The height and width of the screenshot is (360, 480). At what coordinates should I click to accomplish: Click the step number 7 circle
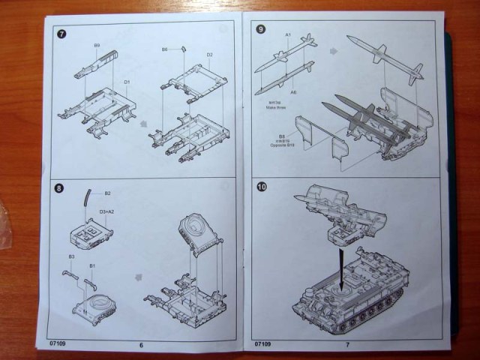[60, 34]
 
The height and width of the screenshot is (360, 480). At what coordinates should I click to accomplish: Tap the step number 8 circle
[59, 187]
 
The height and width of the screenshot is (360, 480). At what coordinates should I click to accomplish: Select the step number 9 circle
[260, 29]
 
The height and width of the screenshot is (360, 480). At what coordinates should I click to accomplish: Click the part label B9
[97, 46]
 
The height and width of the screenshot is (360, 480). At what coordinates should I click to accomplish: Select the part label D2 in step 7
[209, 55]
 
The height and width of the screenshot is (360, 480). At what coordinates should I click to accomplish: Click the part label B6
[164, 49]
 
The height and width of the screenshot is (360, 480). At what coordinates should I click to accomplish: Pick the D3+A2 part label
[106, 212]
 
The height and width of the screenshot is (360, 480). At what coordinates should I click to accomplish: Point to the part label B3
[71, 256]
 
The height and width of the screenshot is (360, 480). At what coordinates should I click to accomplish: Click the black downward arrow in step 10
[341, 268]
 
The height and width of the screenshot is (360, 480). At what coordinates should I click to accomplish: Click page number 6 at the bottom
[141, 344]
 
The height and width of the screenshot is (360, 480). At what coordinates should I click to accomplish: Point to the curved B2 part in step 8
[87, 199]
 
